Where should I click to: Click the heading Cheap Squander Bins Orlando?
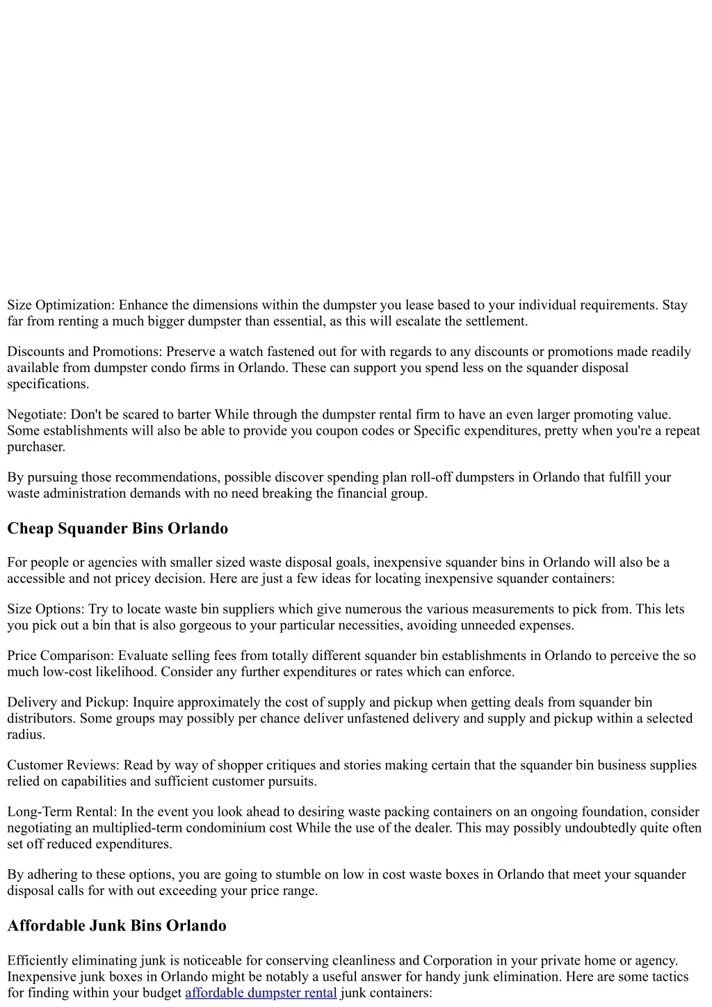click(x=118, y=529)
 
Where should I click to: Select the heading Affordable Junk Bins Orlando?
click(x=117, y=926)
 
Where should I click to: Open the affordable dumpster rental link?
click(x=261, y=993)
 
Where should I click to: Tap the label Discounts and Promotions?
click(x=85, y=352)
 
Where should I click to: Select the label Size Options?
click(x=46, y=609)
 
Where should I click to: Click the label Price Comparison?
click(x=60, y=656)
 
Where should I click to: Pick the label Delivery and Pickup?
click(x=67, y=702)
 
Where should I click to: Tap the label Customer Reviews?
click(x=63, y=765)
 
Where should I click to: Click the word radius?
click(x=26, y=735)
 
